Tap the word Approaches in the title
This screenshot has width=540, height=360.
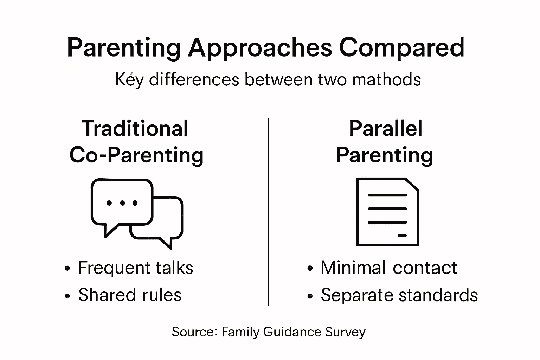point(260,48)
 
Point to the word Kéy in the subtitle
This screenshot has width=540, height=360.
point(129,80)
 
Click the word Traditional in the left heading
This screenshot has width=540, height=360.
point(135,128)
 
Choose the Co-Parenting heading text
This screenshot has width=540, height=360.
point(136,155)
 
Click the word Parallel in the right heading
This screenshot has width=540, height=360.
point(385,128)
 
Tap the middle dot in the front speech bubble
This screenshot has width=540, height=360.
point(122,203)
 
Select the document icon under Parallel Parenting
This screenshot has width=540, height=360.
point(387,212)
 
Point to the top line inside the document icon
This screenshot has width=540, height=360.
point(387,195)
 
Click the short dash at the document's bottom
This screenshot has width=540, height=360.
point(402,235)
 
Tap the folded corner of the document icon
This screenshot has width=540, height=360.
point(412,185)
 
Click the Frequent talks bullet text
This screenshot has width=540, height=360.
point(135,268)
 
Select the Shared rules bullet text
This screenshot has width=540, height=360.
point(130,295)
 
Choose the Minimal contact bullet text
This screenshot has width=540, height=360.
point(388,268)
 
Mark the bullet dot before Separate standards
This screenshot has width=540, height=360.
point(310,296)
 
